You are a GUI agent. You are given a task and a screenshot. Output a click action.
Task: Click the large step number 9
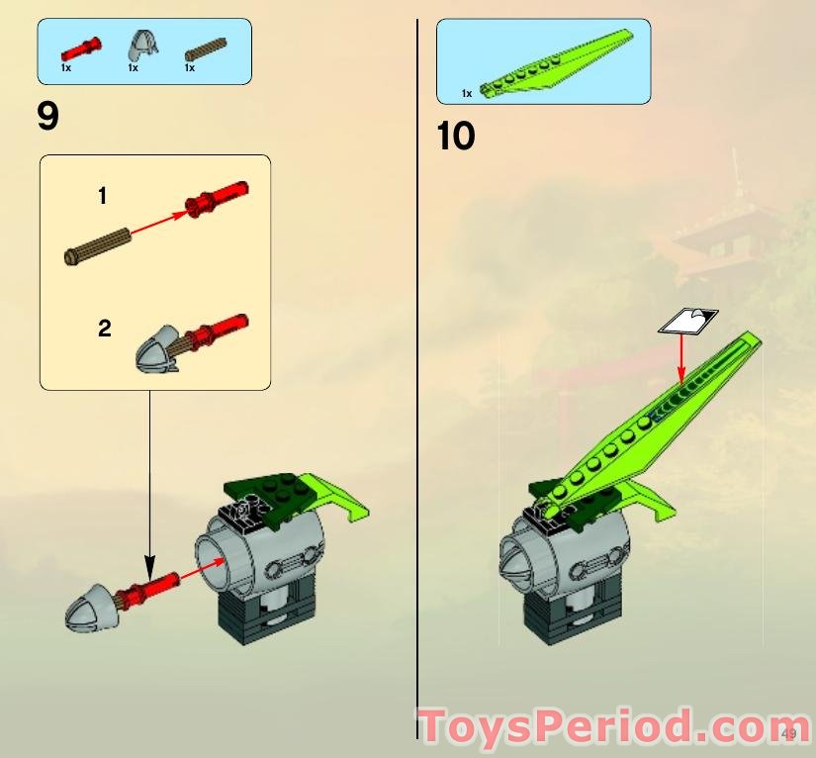pos(47,117)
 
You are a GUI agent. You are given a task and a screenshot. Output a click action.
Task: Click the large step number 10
pos(456,137)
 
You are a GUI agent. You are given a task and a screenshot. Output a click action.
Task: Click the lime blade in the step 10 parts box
pos(555,65)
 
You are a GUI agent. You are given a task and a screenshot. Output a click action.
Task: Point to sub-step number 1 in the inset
pos(102,197)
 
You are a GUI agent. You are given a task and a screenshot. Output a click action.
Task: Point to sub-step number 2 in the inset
pos(105,329)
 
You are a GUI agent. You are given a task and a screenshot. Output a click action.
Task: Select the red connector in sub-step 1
pos(217,199)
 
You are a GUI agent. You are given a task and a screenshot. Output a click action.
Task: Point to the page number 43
pos(789,733)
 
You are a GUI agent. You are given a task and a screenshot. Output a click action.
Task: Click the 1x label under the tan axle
pos(189,68)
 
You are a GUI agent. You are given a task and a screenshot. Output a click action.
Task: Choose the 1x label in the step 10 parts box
pos(467,93)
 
